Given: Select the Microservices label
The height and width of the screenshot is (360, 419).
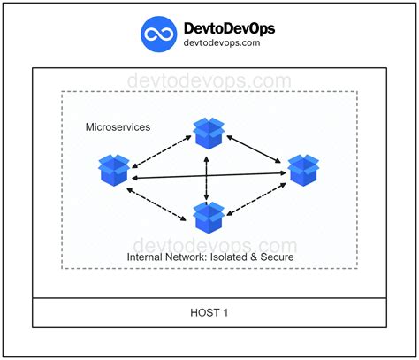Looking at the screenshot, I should click(x=118, y=127).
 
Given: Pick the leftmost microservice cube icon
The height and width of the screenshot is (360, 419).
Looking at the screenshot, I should click(x=115, y=169).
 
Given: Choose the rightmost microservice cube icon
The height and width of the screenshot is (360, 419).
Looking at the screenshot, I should click(x=302, y=168).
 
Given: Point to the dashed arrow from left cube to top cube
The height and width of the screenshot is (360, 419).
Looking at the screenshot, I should click(x=162, y=148).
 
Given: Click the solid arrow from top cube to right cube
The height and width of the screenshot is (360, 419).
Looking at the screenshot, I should click(x=256, y=149).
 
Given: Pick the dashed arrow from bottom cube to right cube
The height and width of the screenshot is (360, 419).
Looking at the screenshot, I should click(x=255, y=197).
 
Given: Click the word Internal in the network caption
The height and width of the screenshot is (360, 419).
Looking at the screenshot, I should click(x=147, y=257).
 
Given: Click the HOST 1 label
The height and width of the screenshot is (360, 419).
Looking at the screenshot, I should click(x=209, y=313).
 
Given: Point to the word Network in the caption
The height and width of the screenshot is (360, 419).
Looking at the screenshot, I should click(x=189, y=257).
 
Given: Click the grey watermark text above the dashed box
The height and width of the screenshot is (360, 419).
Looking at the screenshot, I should click(x=209, y=80).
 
